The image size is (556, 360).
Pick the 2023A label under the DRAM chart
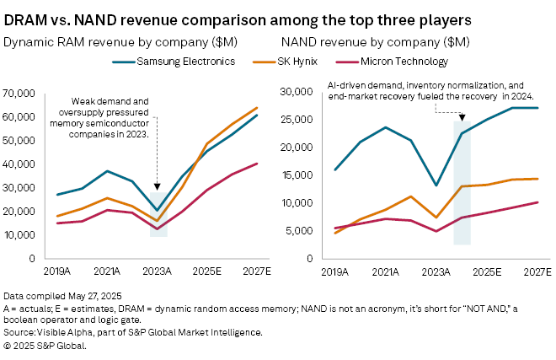click(158, 271)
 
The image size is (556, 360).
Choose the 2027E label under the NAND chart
click(537, 271)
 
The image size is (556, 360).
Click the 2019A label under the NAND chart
click(334, 271)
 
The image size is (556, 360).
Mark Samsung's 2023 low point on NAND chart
click(436, 185)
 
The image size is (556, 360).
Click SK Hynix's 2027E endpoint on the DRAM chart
click(257, 108)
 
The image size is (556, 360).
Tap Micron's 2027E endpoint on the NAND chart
click(537, 202)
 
